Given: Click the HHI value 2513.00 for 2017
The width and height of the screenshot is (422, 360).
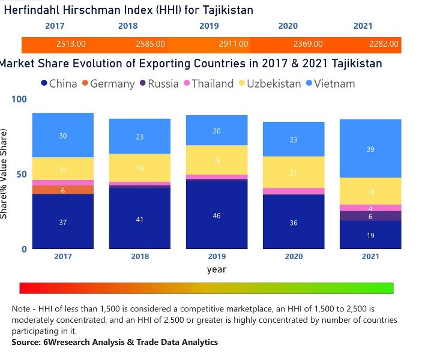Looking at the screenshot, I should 71,44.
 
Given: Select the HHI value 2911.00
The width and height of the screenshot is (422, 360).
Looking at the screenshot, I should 234,44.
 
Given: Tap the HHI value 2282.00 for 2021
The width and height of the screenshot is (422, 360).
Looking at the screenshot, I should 384,44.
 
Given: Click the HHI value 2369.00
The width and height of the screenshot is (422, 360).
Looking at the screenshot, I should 308,44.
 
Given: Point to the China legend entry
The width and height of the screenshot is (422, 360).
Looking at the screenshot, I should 58,83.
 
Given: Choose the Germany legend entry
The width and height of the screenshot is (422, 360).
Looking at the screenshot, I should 108,83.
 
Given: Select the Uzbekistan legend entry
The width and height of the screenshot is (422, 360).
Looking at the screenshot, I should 269,83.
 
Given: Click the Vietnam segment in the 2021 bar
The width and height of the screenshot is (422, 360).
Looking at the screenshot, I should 370,149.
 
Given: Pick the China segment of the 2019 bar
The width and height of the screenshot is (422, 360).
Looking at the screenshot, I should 217,215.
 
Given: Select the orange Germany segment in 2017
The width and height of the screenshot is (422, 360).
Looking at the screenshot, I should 63,190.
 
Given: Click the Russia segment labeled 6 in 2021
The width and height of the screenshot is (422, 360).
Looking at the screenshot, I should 370,216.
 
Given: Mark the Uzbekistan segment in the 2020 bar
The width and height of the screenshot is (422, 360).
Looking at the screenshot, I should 294,173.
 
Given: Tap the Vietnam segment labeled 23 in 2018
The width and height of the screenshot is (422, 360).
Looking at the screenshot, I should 140,137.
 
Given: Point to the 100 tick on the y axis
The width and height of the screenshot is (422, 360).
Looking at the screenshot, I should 20,99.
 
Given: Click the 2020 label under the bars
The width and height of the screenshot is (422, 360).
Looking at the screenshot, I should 294,257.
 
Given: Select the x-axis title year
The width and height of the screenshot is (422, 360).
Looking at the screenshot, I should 217,269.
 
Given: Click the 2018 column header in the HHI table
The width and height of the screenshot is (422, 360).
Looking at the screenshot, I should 128,26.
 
